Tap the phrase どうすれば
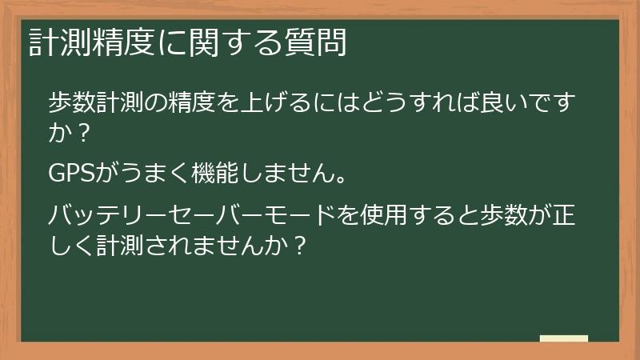tap(410, 103)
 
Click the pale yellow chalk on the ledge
tap(564, 338)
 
